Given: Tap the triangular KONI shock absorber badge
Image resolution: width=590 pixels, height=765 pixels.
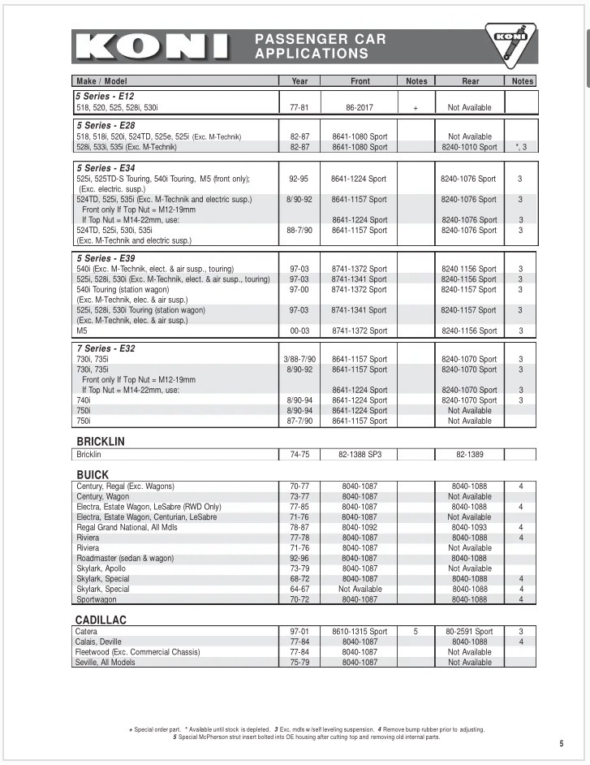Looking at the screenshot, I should [510, 45].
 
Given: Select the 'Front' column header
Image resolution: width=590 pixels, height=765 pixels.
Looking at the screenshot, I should [360, 81].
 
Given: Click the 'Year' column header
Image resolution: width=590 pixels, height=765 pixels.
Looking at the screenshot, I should [299, 81].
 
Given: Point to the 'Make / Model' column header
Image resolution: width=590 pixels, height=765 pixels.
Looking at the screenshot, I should [101, 81].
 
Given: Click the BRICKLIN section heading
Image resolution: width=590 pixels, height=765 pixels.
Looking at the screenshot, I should [100, 442].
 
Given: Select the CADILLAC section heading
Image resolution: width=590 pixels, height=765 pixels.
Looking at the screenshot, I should [101, 620].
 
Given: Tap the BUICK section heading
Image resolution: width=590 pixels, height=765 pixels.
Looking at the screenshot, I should [93, 474].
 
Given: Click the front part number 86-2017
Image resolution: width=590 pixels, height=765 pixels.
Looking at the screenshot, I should [360, 107].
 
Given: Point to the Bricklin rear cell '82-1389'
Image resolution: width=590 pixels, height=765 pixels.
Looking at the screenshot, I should [470, 455].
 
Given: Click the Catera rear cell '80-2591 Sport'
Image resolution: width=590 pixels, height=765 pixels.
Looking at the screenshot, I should [469, 631].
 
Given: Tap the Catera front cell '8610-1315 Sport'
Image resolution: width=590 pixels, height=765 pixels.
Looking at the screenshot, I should [360, 631].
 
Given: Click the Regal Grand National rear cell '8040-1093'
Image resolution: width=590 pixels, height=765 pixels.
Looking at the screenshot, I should [470, 527].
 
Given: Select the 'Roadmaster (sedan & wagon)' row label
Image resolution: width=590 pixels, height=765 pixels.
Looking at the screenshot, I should [125, 559].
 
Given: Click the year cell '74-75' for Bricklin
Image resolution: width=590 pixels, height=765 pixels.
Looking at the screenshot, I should [299, 455].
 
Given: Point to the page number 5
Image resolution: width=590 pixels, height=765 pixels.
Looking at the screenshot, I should [561, 743].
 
